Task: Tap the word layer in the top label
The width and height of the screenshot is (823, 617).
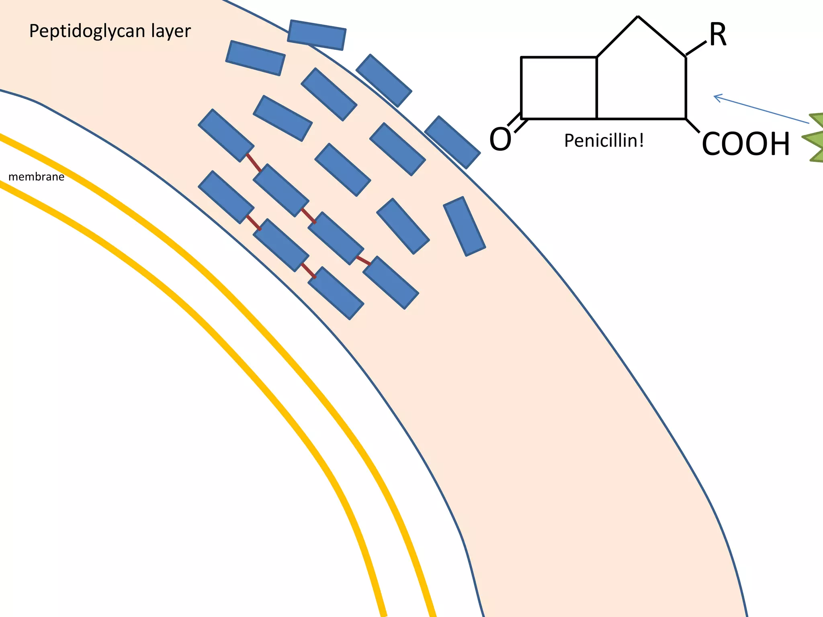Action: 171,31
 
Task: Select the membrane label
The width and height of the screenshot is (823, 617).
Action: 36,177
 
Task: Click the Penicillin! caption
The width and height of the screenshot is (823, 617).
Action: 604,141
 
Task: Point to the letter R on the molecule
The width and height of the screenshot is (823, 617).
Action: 718,35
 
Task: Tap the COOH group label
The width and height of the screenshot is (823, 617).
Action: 746,144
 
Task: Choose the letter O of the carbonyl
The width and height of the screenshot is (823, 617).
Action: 500,139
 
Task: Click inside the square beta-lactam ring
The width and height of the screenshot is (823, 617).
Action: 559,88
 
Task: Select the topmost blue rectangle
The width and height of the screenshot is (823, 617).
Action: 317,35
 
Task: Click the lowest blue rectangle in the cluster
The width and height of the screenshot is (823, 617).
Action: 336,293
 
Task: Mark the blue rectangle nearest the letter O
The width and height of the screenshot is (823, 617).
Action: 452,142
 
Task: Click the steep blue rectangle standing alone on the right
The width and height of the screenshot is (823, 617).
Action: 465,226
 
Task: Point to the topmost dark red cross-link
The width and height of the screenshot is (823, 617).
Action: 254,163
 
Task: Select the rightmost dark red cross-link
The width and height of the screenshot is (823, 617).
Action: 363,260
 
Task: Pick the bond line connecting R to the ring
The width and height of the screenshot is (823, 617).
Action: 696,48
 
